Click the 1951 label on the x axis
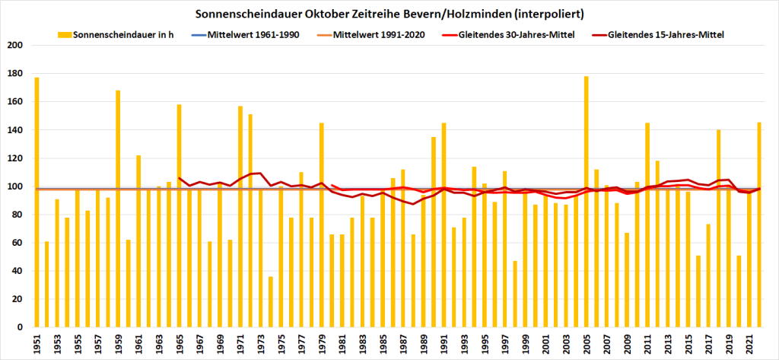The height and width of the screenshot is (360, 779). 37,345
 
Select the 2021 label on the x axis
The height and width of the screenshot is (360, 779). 749,345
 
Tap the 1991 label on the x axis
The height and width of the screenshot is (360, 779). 444,345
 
